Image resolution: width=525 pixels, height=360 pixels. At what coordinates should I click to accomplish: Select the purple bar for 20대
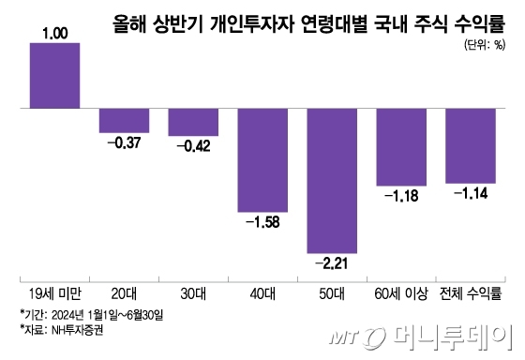tap(124, 121)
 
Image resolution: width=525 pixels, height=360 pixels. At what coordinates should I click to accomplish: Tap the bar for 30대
tap(193, 123)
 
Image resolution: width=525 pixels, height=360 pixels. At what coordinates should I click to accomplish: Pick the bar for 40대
tap(262, 160)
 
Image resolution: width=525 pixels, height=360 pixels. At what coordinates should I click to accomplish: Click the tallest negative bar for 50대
tap(332, 181)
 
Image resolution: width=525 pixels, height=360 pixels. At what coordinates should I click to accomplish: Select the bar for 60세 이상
tap(401, 147)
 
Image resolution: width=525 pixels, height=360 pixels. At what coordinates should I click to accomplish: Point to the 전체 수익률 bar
tap(471, 146)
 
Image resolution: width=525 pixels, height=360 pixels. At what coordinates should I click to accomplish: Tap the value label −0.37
tap(124, 142)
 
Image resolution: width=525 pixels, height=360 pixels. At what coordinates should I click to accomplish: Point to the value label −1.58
tap(262, 222)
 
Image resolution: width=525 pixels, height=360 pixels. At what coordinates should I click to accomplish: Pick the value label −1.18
tap(401, 196)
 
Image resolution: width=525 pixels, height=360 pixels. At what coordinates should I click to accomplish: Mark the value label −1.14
tap(471, 194)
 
